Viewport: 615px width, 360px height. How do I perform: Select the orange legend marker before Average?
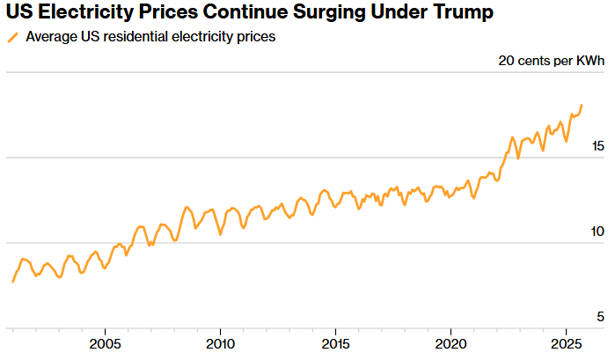12,38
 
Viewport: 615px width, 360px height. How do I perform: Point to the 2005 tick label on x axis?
105,342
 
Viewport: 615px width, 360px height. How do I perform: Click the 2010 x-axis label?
220,342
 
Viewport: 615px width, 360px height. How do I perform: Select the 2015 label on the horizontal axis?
335,342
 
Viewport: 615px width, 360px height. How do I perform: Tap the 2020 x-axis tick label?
450,342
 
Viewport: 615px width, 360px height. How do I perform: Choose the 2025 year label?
565,342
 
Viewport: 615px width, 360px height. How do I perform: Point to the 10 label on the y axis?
597,231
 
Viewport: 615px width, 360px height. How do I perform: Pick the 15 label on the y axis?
597,145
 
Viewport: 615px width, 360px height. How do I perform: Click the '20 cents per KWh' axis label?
552,61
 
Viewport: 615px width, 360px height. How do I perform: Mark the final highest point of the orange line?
582,106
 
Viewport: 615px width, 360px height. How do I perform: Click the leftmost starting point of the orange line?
12,282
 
